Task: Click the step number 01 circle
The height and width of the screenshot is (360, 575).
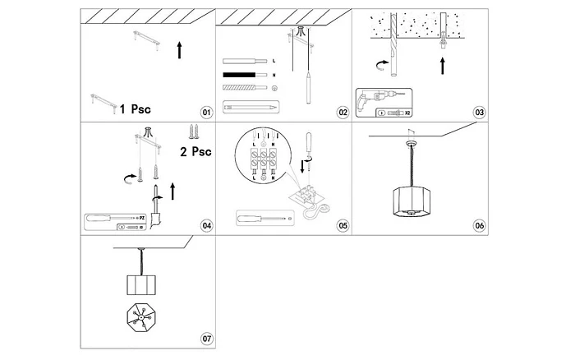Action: coord(205,112)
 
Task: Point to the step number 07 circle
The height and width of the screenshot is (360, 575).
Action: coord(206,339)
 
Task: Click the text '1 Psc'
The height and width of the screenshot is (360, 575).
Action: coord(135,108)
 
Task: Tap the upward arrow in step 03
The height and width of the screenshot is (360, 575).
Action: coord(443,66)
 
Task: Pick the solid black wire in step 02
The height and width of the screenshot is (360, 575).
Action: coord(245,75)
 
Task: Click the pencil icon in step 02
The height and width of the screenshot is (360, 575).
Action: coord(251,107)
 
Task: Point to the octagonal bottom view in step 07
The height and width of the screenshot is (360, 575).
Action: coord(145,317)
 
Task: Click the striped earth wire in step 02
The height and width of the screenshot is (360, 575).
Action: coord(245,88)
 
